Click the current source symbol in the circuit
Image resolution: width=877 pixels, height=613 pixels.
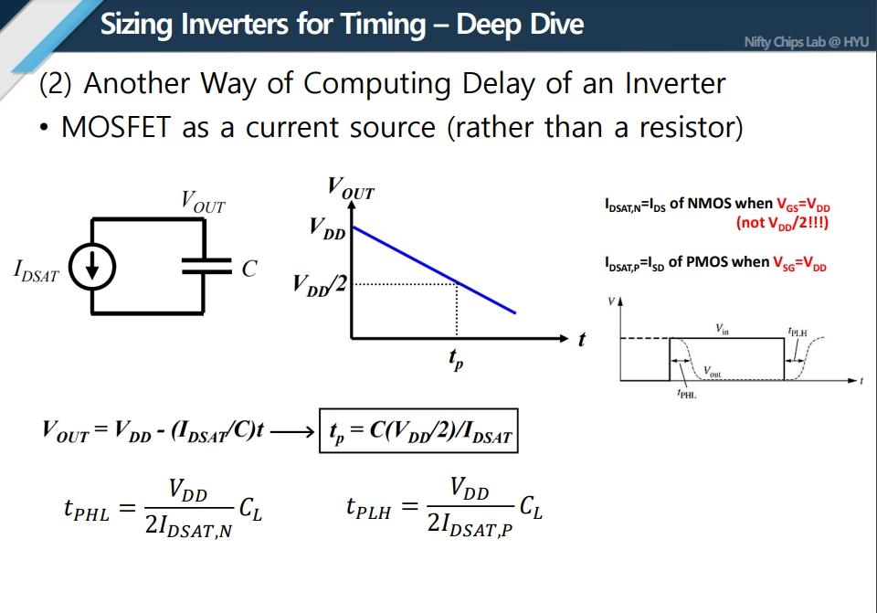[92, 266]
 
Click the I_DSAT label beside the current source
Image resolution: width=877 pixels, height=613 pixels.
[37, 270]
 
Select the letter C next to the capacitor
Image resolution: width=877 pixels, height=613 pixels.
[248, 269]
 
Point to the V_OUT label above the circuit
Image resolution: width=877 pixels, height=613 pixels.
[202, 201]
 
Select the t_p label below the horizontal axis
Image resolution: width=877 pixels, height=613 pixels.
[456, 360]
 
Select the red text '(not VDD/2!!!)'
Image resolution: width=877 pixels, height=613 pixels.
[781, 222]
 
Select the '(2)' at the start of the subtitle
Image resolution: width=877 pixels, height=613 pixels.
[55, 84]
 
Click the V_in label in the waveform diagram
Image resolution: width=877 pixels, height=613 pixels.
[723, 329]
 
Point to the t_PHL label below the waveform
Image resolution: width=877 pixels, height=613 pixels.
[686, 396]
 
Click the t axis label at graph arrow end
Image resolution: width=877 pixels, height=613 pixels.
[582, 340]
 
